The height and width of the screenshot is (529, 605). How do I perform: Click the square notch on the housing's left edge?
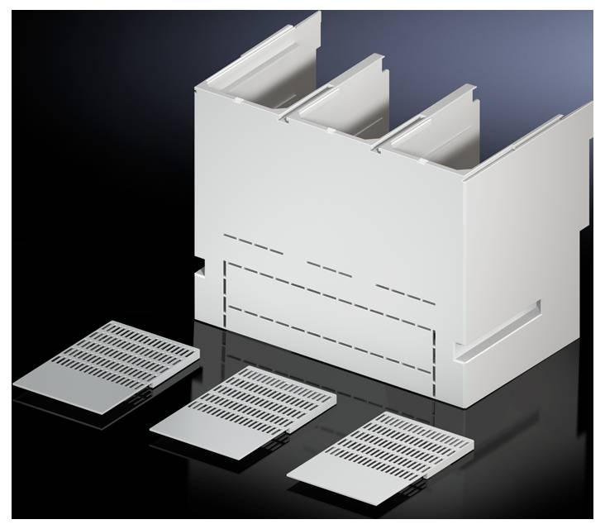pos(200,269)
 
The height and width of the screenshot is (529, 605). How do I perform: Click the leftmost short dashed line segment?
pos(253,244)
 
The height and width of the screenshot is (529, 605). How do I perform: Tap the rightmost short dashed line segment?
pos(405,293)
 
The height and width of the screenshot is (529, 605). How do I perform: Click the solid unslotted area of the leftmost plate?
pos(66,384)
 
